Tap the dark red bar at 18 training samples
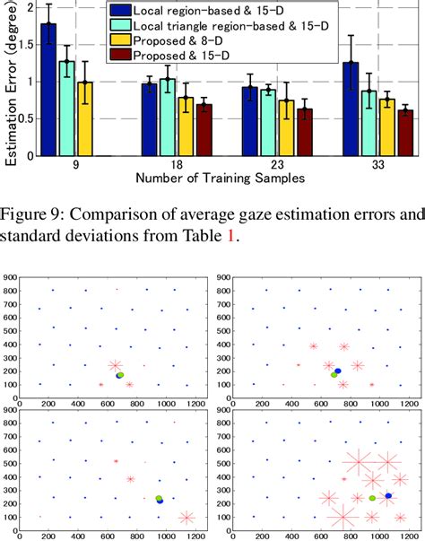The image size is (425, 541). pyautogui.click(x=204, y=130)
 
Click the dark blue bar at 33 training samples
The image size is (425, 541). pyautogui.click(x=351, y=109)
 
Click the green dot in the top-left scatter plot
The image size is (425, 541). pyautogui.click(x=119, y=376)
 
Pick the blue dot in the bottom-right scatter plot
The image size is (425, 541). pyautogui.click(x=388, y=495)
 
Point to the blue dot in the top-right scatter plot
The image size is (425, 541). pyautogui.click(x=337, y=370)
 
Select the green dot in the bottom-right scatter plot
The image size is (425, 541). pyautogui.click(x=372, y=497)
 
